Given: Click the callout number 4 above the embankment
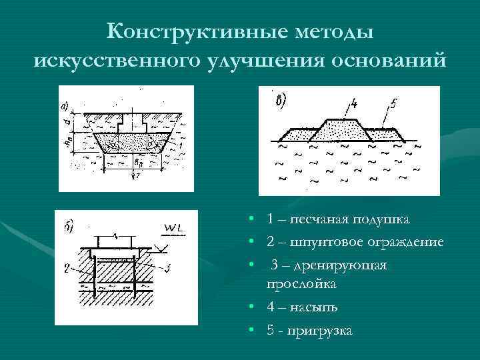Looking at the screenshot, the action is (353, 104).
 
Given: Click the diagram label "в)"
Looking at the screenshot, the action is (281, 101).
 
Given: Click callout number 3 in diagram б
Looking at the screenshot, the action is (167, 269).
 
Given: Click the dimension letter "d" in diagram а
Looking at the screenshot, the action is (63, 122).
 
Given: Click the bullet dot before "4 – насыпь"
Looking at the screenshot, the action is (247, 307).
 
